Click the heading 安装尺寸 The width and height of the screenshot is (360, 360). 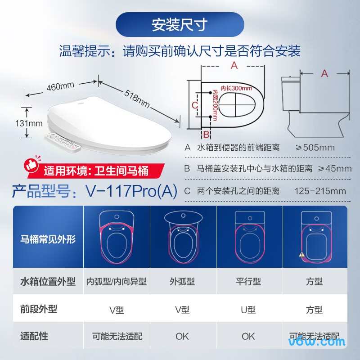click(x=180, y=25)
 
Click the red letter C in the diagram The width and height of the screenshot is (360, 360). click(x=194, y=105)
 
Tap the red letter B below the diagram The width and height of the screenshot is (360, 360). click(x=206, y=134)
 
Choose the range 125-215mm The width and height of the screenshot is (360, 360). click(x=320, y=191)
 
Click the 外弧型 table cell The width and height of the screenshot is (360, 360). click(x=182, y=282)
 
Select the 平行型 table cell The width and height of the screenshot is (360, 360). click(x=248, y=282)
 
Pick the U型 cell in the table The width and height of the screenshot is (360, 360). click(x=248, y=310)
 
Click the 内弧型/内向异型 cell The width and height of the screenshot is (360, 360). click(x=117, y=282)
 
